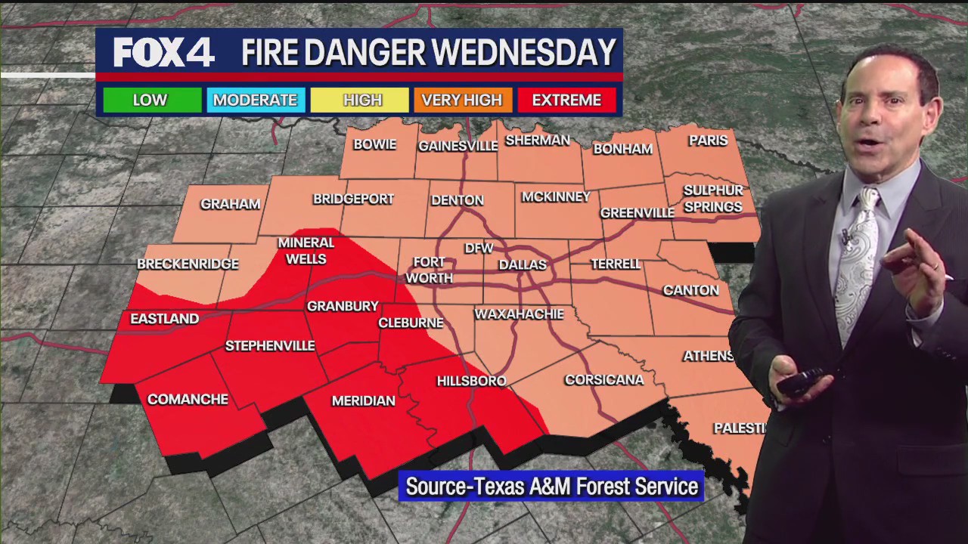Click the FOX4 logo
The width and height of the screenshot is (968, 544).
163,53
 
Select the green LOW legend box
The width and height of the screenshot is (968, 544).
150,100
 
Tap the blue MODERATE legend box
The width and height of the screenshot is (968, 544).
255,100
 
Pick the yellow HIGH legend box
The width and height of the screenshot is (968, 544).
362,100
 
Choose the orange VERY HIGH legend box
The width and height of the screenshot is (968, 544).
461,100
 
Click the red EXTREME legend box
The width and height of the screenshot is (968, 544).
566,100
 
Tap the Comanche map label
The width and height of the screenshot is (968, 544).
188,399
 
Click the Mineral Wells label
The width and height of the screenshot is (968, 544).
306,251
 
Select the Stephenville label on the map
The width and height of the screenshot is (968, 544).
270,346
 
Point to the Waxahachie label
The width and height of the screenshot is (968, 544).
519,314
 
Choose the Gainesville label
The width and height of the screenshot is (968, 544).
458,146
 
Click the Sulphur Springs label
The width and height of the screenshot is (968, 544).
712,199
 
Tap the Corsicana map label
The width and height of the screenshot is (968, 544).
604,379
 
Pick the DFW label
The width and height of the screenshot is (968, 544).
479,248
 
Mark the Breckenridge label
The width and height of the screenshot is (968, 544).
188,264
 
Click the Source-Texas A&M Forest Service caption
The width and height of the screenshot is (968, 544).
551,487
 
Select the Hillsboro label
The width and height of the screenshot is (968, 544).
471,381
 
